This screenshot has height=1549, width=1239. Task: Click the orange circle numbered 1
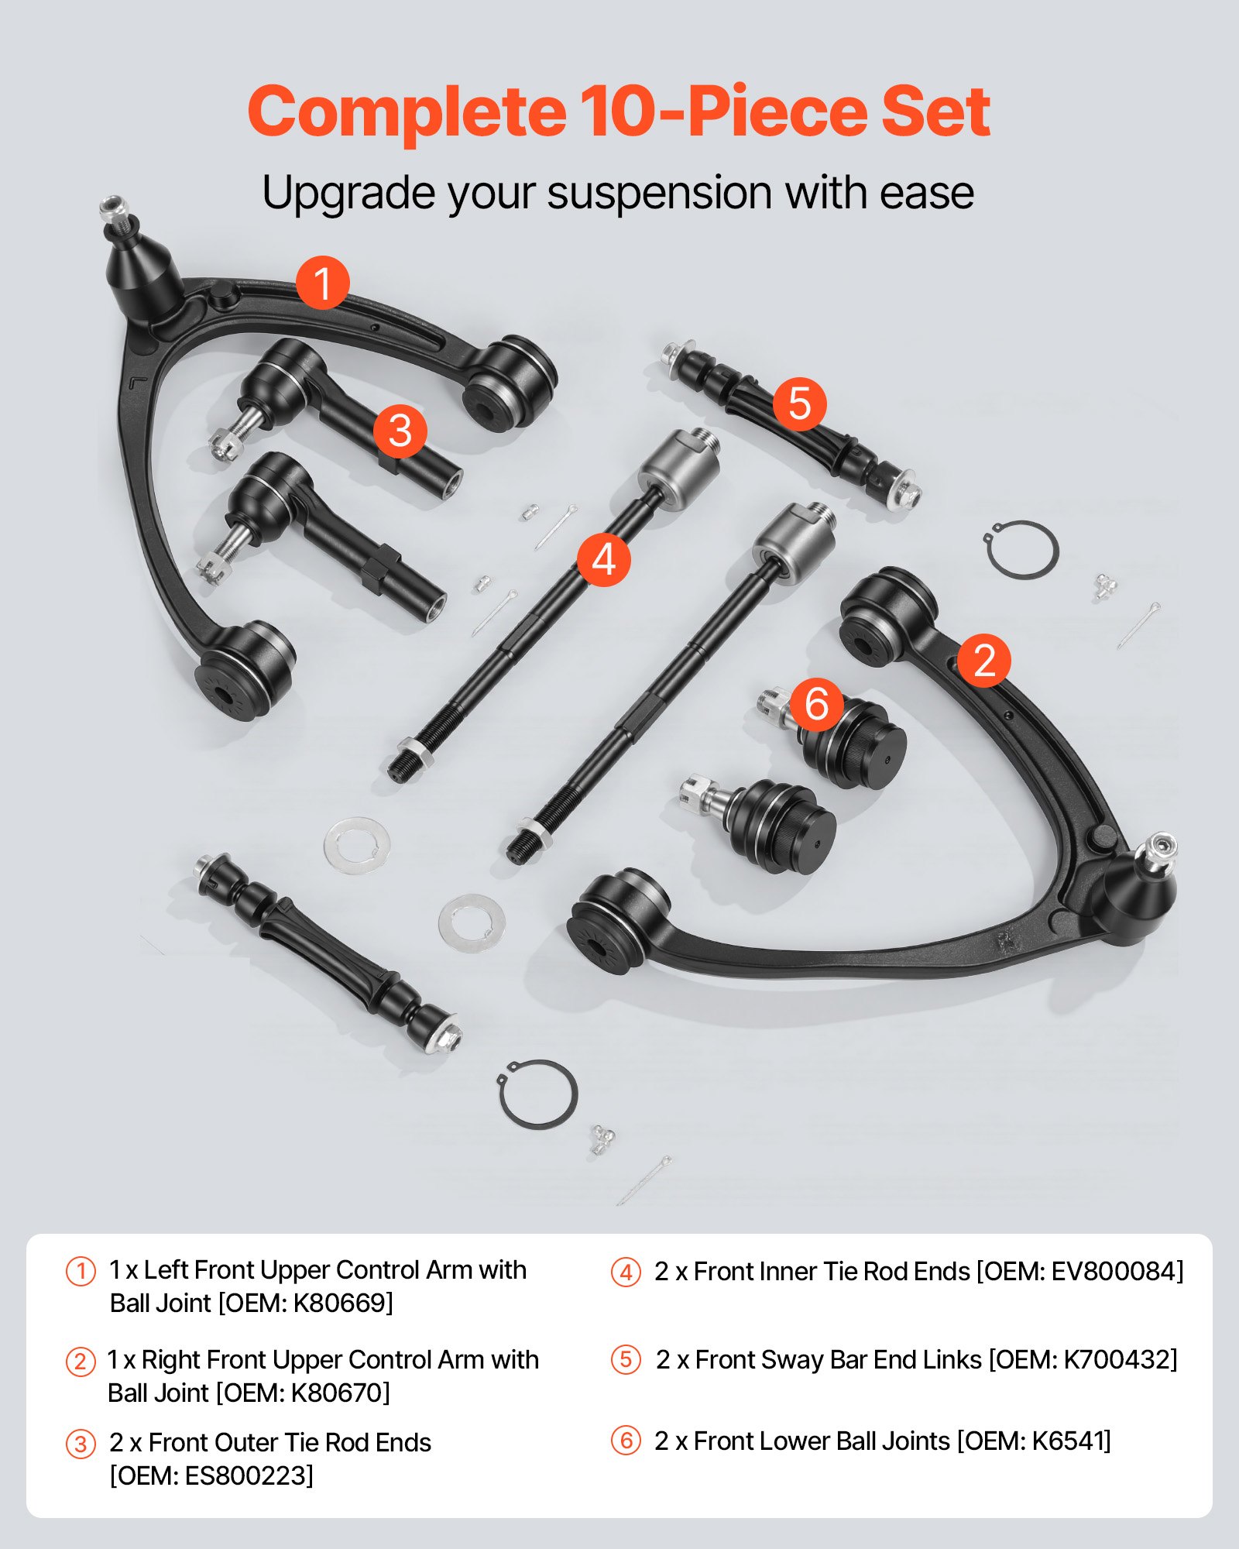tap(322, 283)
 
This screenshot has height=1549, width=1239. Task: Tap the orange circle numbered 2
tap(983, 660)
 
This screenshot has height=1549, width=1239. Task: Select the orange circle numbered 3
tap(400, 431)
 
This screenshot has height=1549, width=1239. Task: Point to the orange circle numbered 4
tap(603, 559)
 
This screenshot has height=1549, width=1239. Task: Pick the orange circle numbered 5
tap(799, 404)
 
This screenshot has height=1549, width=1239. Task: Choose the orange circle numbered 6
tap(816, 703)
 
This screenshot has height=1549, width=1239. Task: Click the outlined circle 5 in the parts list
tap(626, 1360)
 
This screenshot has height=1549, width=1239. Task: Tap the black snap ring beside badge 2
tap(1023, 550)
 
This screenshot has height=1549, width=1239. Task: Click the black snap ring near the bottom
tap(537, 1094)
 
